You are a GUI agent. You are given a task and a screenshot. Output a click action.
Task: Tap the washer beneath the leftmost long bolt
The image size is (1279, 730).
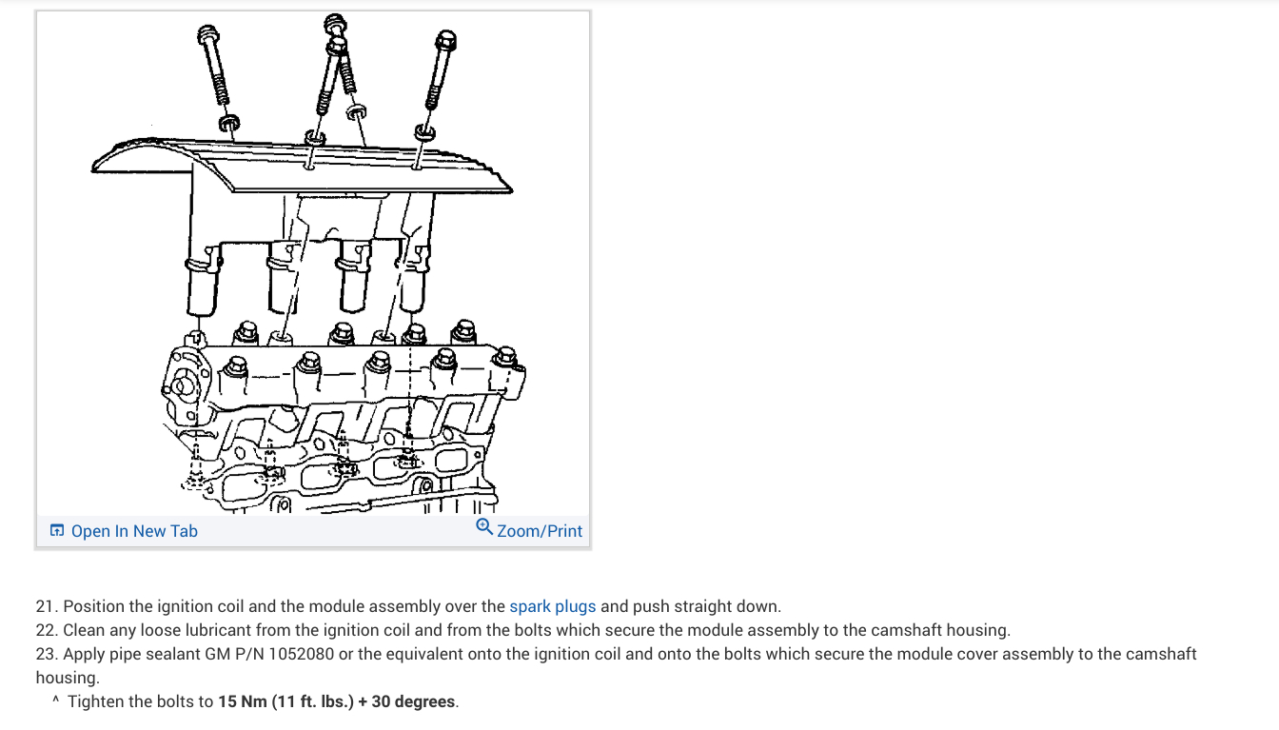click(x=228, y=123)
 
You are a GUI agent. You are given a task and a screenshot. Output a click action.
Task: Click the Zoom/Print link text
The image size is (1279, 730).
click(x=539, y=531)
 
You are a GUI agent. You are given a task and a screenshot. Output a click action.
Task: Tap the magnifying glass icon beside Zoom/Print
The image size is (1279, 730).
click(x=484, y=527)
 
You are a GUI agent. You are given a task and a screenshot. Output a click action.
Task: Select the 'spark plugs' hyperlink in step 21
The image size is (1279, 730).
click(x=552, y=606)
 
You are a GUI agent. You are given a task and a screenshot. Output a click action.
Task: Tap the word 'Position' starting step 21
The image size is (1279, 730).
click(x=94, y=606)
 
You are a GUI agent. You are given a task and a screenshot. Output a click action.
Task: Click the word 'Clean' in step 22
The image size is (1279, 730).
click(x=86, y=630)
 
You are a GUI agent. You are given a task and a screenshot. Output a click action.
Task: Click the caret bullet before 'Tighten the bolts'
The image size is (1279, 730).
click(x=56, y=700)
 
